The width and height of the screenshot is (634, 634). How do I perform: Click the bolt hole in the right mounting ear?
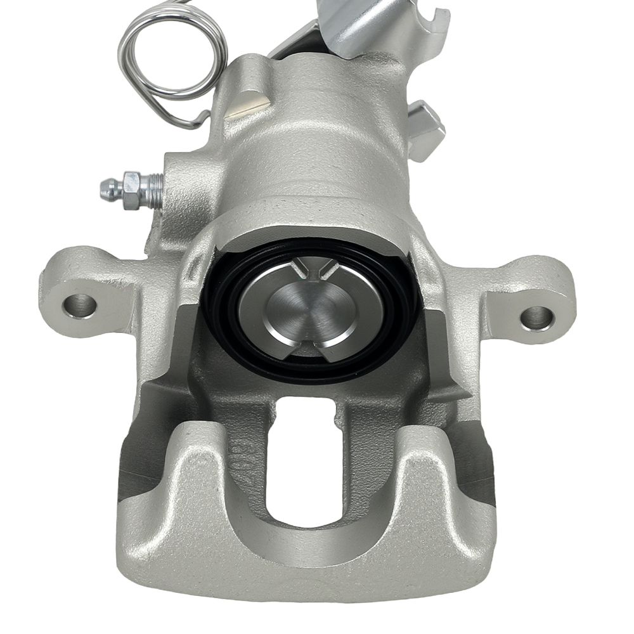click(536, 317)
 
